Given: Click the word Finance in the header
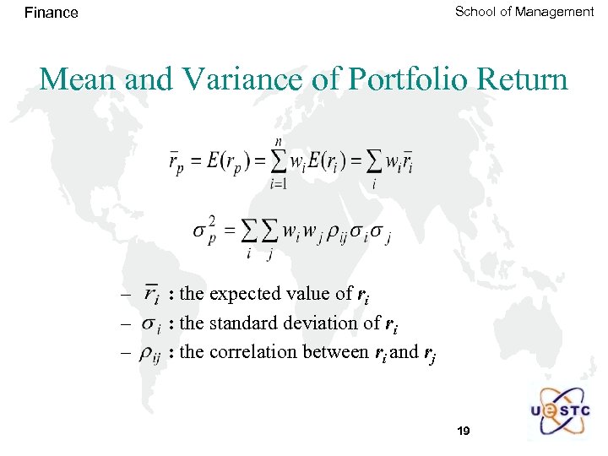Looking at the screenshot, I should click(52, 13).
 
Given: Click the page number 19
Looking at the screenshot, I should click(463, 432).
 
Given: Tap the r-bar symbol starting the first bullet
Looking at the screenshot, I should click(152, 296).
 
